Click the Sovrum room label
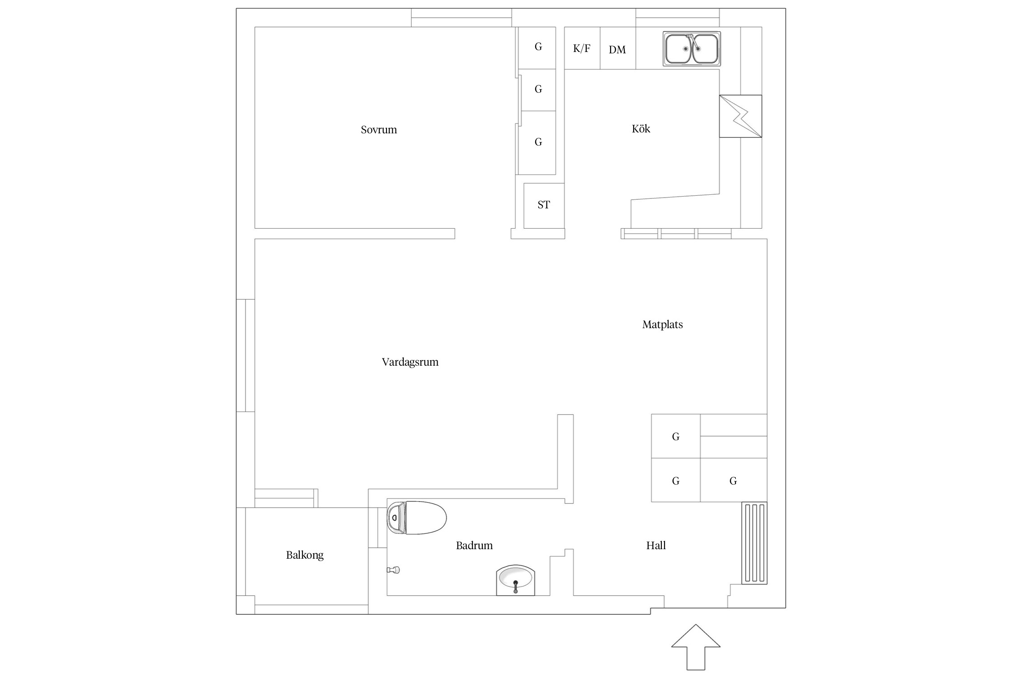tap(379, 130)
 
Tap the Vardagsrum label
tap(410, 362)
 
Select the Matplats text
tap(662, 325)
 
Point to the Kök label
tap(641, 129)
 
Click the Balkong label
tap(305, 555)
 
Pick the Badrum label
tap(474, 546)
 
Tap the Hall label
tap(656, 546)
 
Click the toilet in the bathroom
tap(416, 518)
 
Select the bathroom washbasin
tap(515, 580)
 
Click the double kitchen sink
tap(692, 49)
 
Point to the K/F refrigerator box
tap(582, 48)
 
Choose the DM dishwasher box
tap(618, 48)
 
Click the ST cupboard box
tap(544, 206)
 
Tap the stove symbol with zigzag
tap(740, 116)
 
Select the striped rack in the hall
tap(754, 543)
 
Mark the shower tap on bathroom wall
tap(394, 570)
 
